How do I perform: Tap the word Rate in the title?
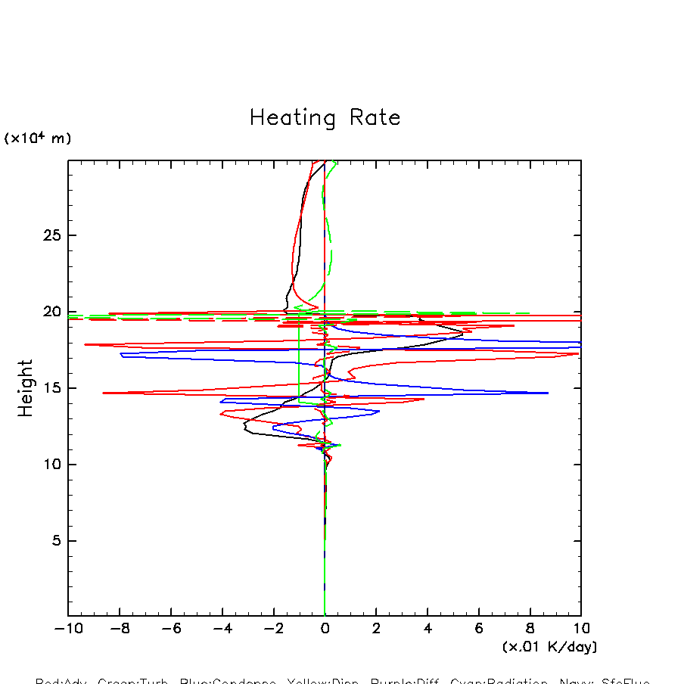click(x=375, y=118)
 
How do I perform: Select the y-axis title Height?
click(x=26, y=388)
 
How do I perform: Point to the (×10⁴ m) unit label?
click(x=38, y=138)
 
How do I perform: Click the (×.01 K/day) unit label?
click(x=549, y=647)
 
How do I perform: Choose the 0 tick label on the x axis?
click(x=325, y=629)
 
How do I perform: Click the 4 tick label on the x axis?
click(x=427, y=629)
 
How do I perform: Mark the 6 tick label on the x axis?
click(x=479, y=629)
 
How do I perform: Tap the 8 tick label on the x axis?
click(x=530, y=629)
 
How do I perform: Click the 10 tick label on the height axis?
click(x=50, y=465)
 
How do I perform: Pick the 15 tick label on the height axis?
click(x=50, y=388)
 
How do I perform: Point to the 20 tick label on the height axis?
click(x=50, y=312)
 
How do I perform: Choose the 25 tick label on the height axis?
click(x=50, y=235)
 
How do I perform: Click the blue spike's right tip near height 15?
click(x=548, y=393)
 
